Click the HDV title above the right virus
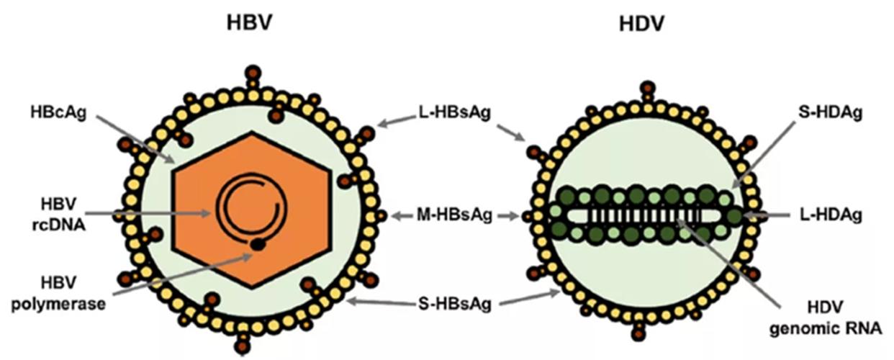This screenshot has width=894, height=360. (642, 24)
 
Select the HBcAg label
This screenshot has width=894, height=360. (59, 112)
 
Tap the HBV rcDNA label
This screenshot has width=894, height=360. (59, 215)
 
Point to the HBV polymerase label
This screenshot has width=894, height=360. (59, 294)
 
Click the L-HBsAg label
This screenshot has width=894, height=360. (454, 113)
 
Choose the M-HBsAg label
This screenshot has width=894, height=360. (454, 215)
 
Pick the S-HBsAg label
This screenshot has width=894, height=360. (455, 304)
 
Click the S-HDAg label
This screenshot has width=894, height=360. (830, 112)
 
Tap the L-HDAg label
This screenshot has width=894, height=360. (831, 215)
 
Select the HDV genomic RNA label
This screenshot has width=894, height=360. (826, 318)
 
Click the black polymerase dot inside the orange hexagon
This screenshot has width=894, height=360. (258, 244)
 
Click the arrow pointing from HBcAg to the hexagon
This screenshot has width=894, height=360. (136, 139)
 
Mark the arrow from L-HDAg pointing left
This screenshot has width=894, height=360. (767, 215)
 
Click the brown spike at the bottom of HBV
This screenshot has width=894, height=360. (242, 344)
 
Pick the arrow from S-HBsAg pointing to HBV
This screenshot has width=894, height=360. (381, 302)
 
